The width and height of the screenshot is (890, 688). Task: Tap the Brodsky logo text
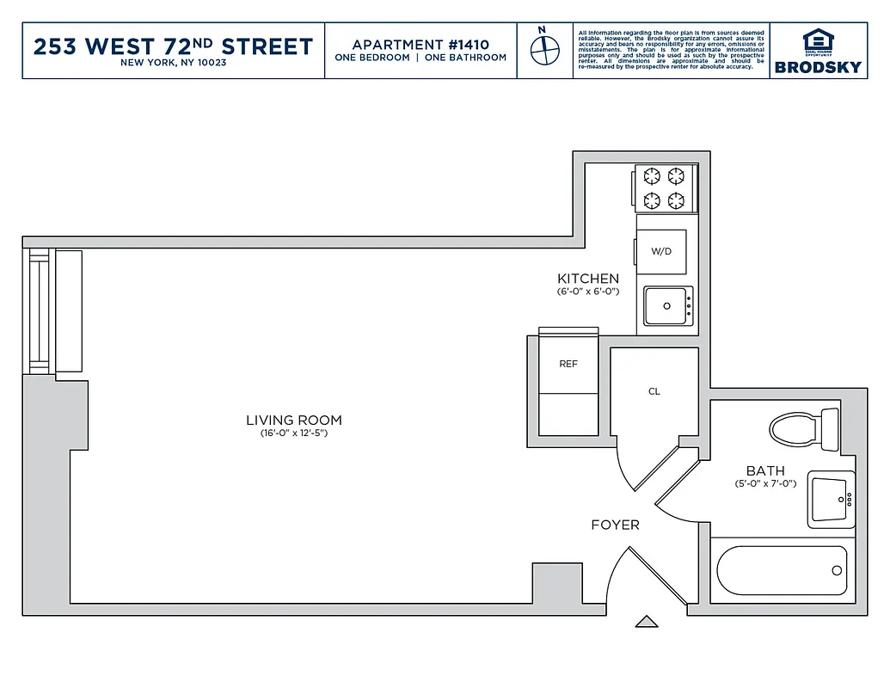818,67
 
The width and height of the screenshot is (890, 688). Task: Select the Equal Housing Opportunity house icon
818,40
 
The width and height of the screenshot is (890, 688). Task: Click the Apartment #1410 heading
420,44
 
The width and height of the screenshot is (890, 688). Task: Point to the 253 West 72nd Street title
173,46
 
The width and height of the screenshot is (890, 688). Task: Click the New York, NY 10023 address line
173,63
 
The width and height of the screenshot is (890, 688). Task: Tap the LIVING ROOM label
294,421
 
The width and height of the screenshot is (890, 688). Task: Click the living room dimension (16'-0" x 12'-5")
294,433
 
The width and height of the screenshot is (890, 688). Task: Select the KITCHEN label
588,279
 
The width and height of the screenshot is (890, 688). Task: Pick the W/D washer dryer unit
661,252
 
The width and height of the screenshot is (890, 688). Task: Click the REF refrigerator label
568,364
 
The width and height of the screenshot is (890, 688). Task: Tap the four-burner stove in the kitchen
665,189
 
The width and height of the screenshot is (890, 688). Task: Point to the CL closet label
654,391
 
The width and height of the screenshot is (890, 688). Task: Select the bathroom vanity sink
831,499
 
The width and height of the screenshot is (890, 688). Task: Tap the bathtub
783,570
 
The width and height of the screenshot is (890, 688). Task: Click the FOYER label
615,525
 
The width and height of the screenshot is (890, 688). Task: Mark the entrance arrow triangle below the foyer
646,621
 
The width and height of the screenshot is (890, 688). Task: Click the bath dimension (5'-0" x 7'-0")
765,484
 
